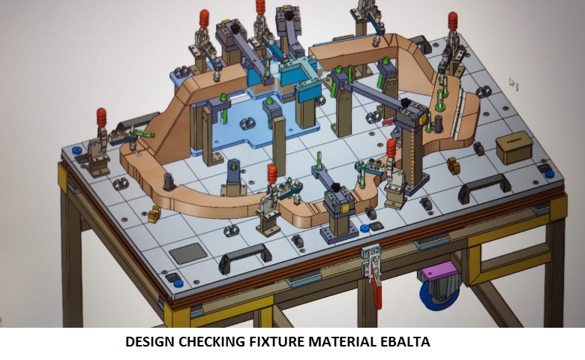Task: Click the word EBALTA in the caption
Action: [405, 341]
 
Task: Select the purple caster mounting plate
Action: [439, 270]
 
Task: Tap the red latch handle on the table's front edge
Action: [376, 290]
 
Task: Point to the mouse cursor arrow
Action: [511, 82]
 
